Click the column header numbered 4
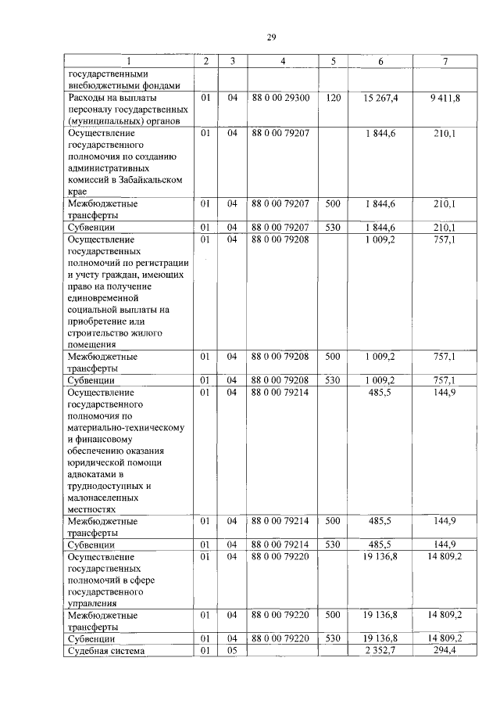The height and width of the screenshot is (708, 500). point(282,62)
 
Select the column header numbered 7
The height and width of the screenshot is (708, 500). point(445,62)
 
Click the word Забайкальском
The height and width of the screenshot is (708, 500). point(148,179)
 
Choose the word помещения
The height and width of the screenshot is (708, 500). point(92,343)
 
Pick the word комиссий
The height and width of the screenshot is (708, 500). point(87,179)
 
